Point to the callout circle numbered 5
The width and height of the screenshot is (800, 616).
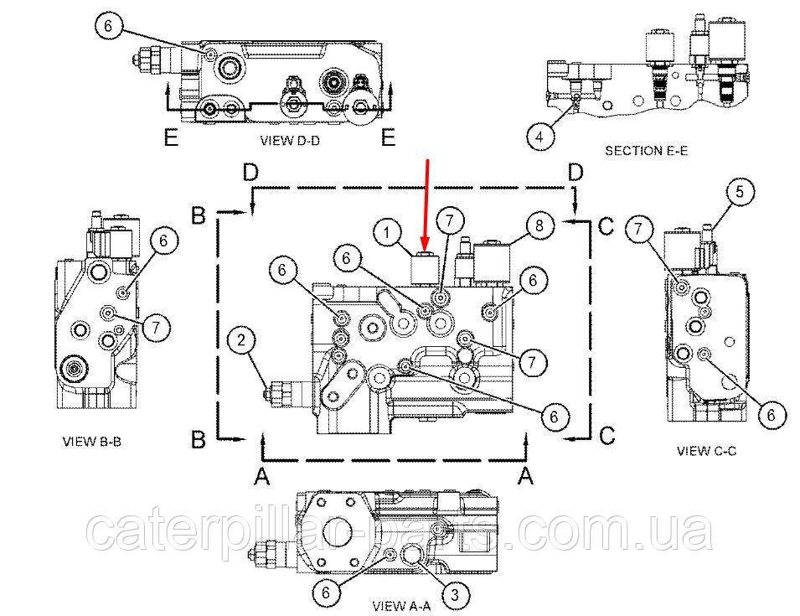click(x=740, y=192)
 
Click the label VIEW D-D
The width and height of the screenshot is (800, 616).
click(x=290, y=140)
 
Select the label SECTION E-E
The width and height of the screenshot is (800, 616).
click(x=646, y=151)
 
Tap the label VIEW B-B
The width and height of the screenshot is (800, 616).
click(x=92, y=442)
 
